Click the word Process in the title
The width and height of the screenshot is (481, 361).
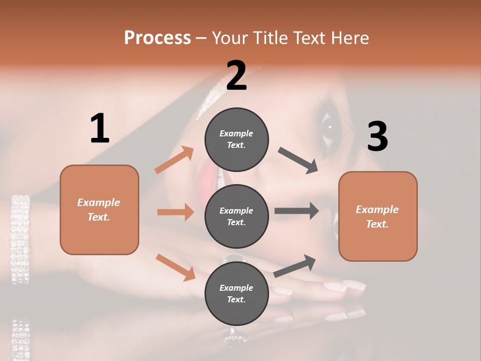[157, 38]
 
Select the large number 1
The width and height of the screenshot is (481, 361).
[100, 128]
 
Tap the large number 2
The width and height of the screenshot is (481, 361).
[236, 75]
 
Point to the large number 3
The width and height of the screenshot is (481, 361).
[377, 136]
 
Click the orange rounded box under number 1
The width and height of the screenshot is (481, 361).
[99, 210]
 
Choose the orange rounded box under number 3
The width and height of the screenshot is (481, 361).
[378, 216]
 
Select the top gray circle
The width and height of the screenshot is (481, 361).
[236, 139]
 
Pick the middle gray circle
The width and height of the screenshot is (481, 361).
[236, 216]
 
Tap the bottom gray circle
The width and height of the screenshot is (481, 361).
[236, 293]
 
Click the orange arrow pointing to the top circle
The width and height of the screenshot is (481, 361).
[174, 160]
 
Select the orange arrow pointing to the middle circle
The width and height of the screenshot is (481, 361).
[175, 212]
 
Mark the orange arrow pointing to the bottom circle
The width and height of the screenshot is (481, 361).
[175, 267]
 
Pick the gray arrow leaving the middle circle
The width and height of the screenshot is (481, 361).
[297, 211]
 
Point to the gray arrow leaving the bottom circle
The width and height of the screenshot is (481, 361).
[295, 266]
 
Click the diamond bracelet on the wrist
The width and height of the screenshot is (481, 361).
[21, 238]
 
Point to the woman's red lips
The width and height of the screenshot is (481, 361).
[206, 181]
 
